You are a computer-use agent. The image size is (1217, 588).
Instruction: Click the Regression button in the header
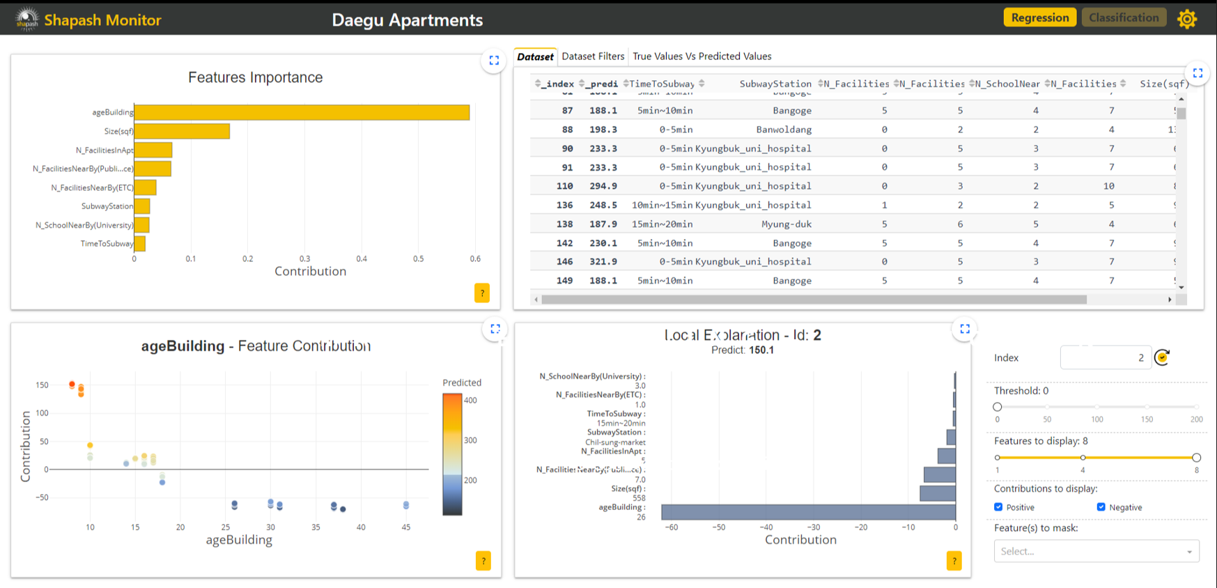[x=1039, y=17]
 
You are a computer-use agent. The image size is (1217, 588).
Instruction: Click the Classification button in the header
[x=1123, y=17]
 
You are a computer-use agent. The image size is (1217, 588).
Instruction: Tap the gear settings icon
[x=1187, y=19]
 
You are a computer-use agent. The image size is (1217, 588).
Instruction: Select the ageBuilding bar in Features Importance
[x=302, y=112]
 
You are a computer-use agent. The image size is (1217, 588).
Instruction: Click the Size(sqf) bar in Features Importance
[x=182, y=131]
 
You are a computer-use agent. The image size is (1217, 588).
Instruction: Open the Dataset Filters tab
[x=593, y=56]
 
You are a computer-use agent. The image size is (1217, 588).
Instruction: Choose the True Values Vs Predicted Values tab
[x=701, y=56]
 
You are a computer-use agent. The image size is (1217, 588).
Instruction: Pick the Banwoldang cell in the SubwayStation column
[x=784, y=130]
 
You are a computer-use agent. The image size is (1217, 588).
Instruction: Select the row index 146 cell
[x=564, y=262]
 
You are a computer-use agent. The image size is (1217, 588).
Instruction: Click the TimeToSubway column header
[x=662, y=84]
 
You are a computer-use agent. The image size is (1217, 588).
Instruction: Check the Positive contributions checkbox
[x=998, y=507]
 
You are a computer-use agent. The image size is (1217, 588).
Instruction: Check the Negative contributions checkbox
[x=1101, y=507]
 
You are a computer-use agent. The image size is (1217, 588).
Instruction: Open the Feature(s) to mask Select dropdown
[x=1096, y=551]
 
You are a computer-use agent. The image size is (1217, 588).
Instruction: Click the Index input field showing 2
[x=1105, y=357]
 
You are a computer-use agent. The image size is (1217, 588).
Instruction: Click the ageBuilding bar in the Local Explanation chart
[x=808, y=512]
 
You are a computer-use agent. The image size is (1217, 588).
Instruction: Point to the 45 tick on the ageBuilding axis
[x=406, y=527]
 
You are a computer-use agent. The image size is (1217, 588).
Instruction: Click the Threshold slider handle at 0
[x=998, y=407]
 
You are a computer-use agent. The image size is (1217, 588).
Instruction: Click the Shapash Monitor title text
[x=102, y=20]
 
